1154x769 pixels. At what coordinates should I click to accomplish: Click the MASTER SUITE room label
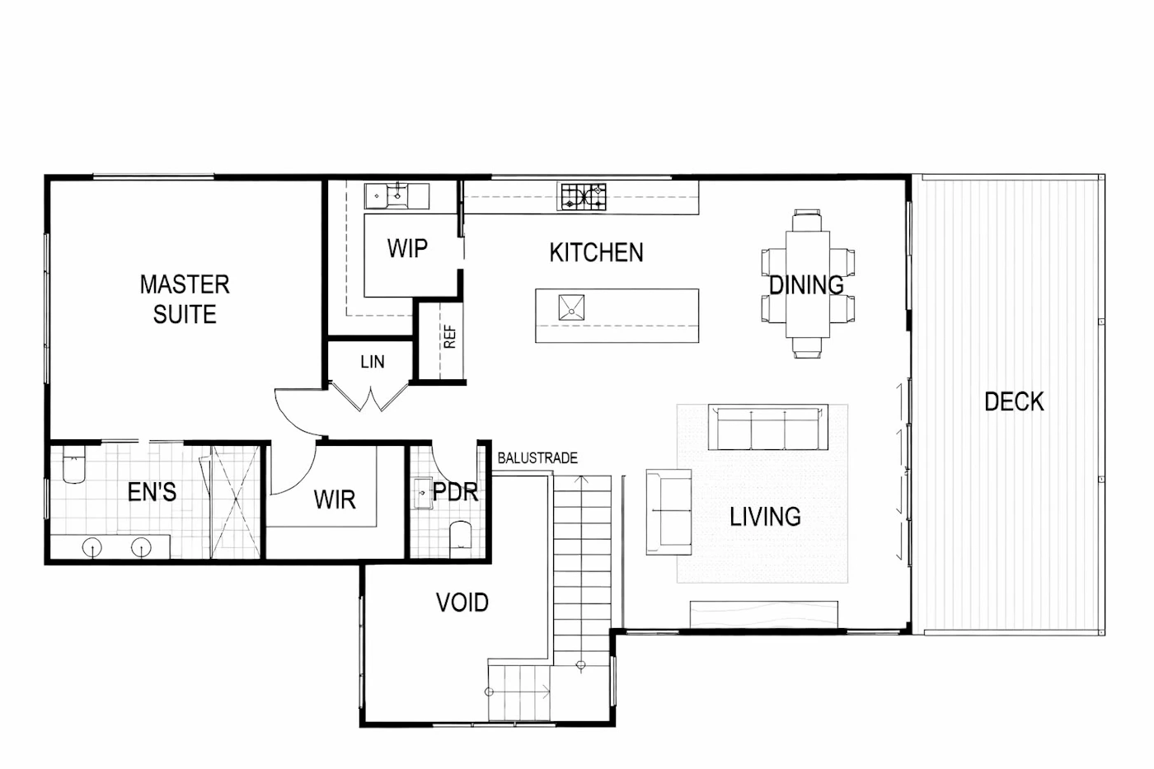[185, 299]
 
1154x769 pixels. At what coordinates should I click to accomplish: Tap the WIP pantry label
[407, 248]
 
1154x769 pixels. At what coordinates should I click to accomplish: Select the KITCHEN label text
[596, 252]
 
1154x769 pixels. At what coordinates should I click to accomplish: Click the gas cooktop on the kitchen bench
[584, 197]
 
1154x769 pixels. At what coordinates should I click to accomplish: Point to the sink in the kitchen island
[571, 307]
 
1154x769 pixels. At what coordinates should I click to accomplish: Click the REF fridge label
[450, 337]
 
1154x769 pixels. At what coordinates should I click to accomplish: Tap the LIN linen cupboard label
[372, 362]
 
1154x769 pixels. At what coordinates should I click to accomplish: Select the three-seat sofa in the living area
[767, 427]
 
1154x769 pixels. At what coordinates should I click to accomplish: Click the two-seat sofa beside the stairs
[668, 512]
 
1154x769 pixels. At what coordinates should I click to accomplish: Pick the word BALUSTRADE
[537, 458]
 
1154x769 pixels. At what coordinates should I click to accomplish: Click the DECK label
[1014, 401]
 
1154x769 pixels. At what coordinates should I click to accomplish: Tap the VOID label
[462, 603]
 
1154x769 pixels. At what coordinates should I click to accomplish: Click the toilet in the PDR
[461, 539]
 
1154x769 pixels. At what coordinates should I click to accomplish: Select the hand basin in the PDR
[423, 493]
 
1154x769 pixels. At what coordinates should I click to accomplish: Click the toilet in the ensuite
[73, 465]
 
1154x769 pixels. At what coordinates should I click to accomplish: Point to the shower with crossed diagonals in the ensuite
[235, 502]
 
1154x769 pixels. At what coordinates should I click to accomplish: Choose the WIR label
[335, 499]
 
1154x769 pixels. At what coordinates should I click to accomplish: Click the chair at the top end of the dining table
[807, 220]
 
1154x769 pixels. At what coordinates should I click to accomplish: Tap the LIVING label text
[765, 517]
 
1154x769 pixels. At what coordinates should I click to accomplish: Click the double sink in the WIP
[396, 196]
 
